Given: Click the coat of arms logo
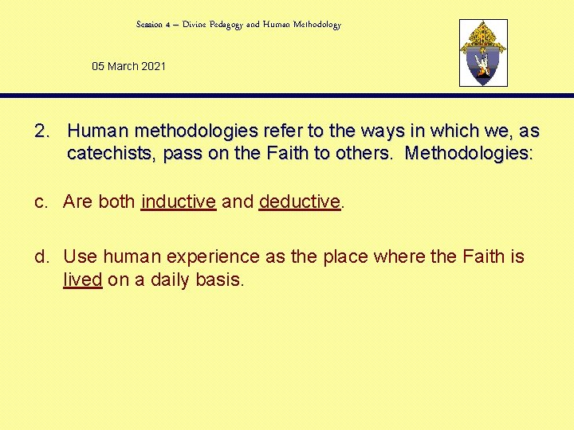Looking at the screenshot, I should (x=483, y=53).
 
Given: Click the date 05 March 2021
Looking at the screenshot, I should (x=129, y=66).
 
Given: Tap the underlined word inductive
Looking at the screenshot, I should (x=179, y=201).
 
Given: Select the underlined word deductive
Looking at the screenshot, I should (x=300, y=201).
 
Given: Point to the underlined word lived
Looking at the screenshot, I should (x=83, y=279).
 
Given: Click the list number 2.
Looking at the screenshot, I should (x=43, y=130).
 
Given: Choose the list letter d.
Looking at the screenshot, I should (x=41, y=256).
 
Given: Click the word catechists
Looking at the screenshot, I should (x=112, y=154).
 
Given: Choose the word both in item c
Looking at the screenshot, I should (x=117, y=201).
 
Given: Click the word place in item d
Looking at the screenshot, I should (x=329, y=256).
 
